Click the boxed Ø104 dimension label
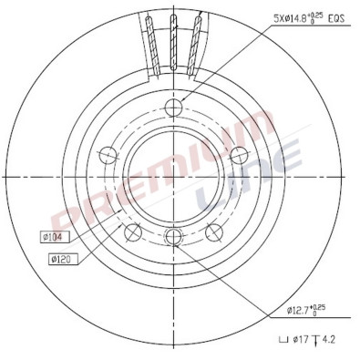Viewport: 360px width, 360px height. (x=53, y=239)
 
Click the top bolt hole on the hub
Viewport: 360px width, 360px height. (x=175, y=110)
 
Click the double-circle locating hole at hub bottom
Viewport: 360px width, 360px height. (x=175, y=238)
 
